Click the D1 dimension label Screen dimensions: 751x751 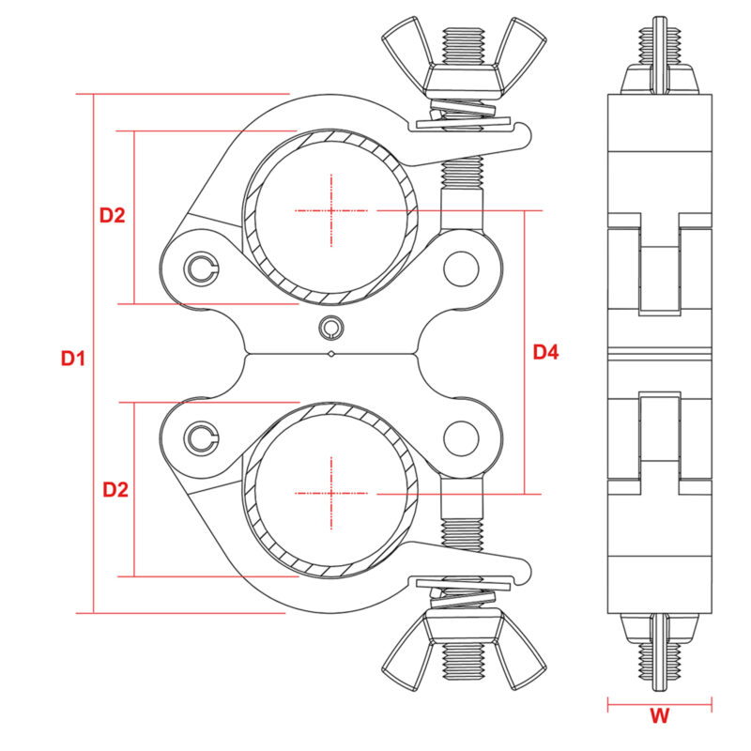73,359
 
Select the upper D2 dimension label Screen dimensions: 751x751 112,216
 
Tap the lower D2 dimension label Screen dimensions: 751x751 115,490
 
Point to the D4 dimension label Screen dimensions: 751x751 546,353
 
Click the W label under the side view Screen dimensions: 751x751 660,716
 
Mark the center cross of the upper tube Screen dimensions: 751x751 331,210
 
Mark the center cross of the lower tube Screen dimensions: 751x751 331,494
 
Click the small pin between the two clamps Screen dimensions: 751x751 331,328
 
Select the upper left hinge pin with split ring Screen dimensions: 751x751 202,269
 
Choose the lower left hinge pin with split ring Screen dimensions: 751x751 202,438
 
